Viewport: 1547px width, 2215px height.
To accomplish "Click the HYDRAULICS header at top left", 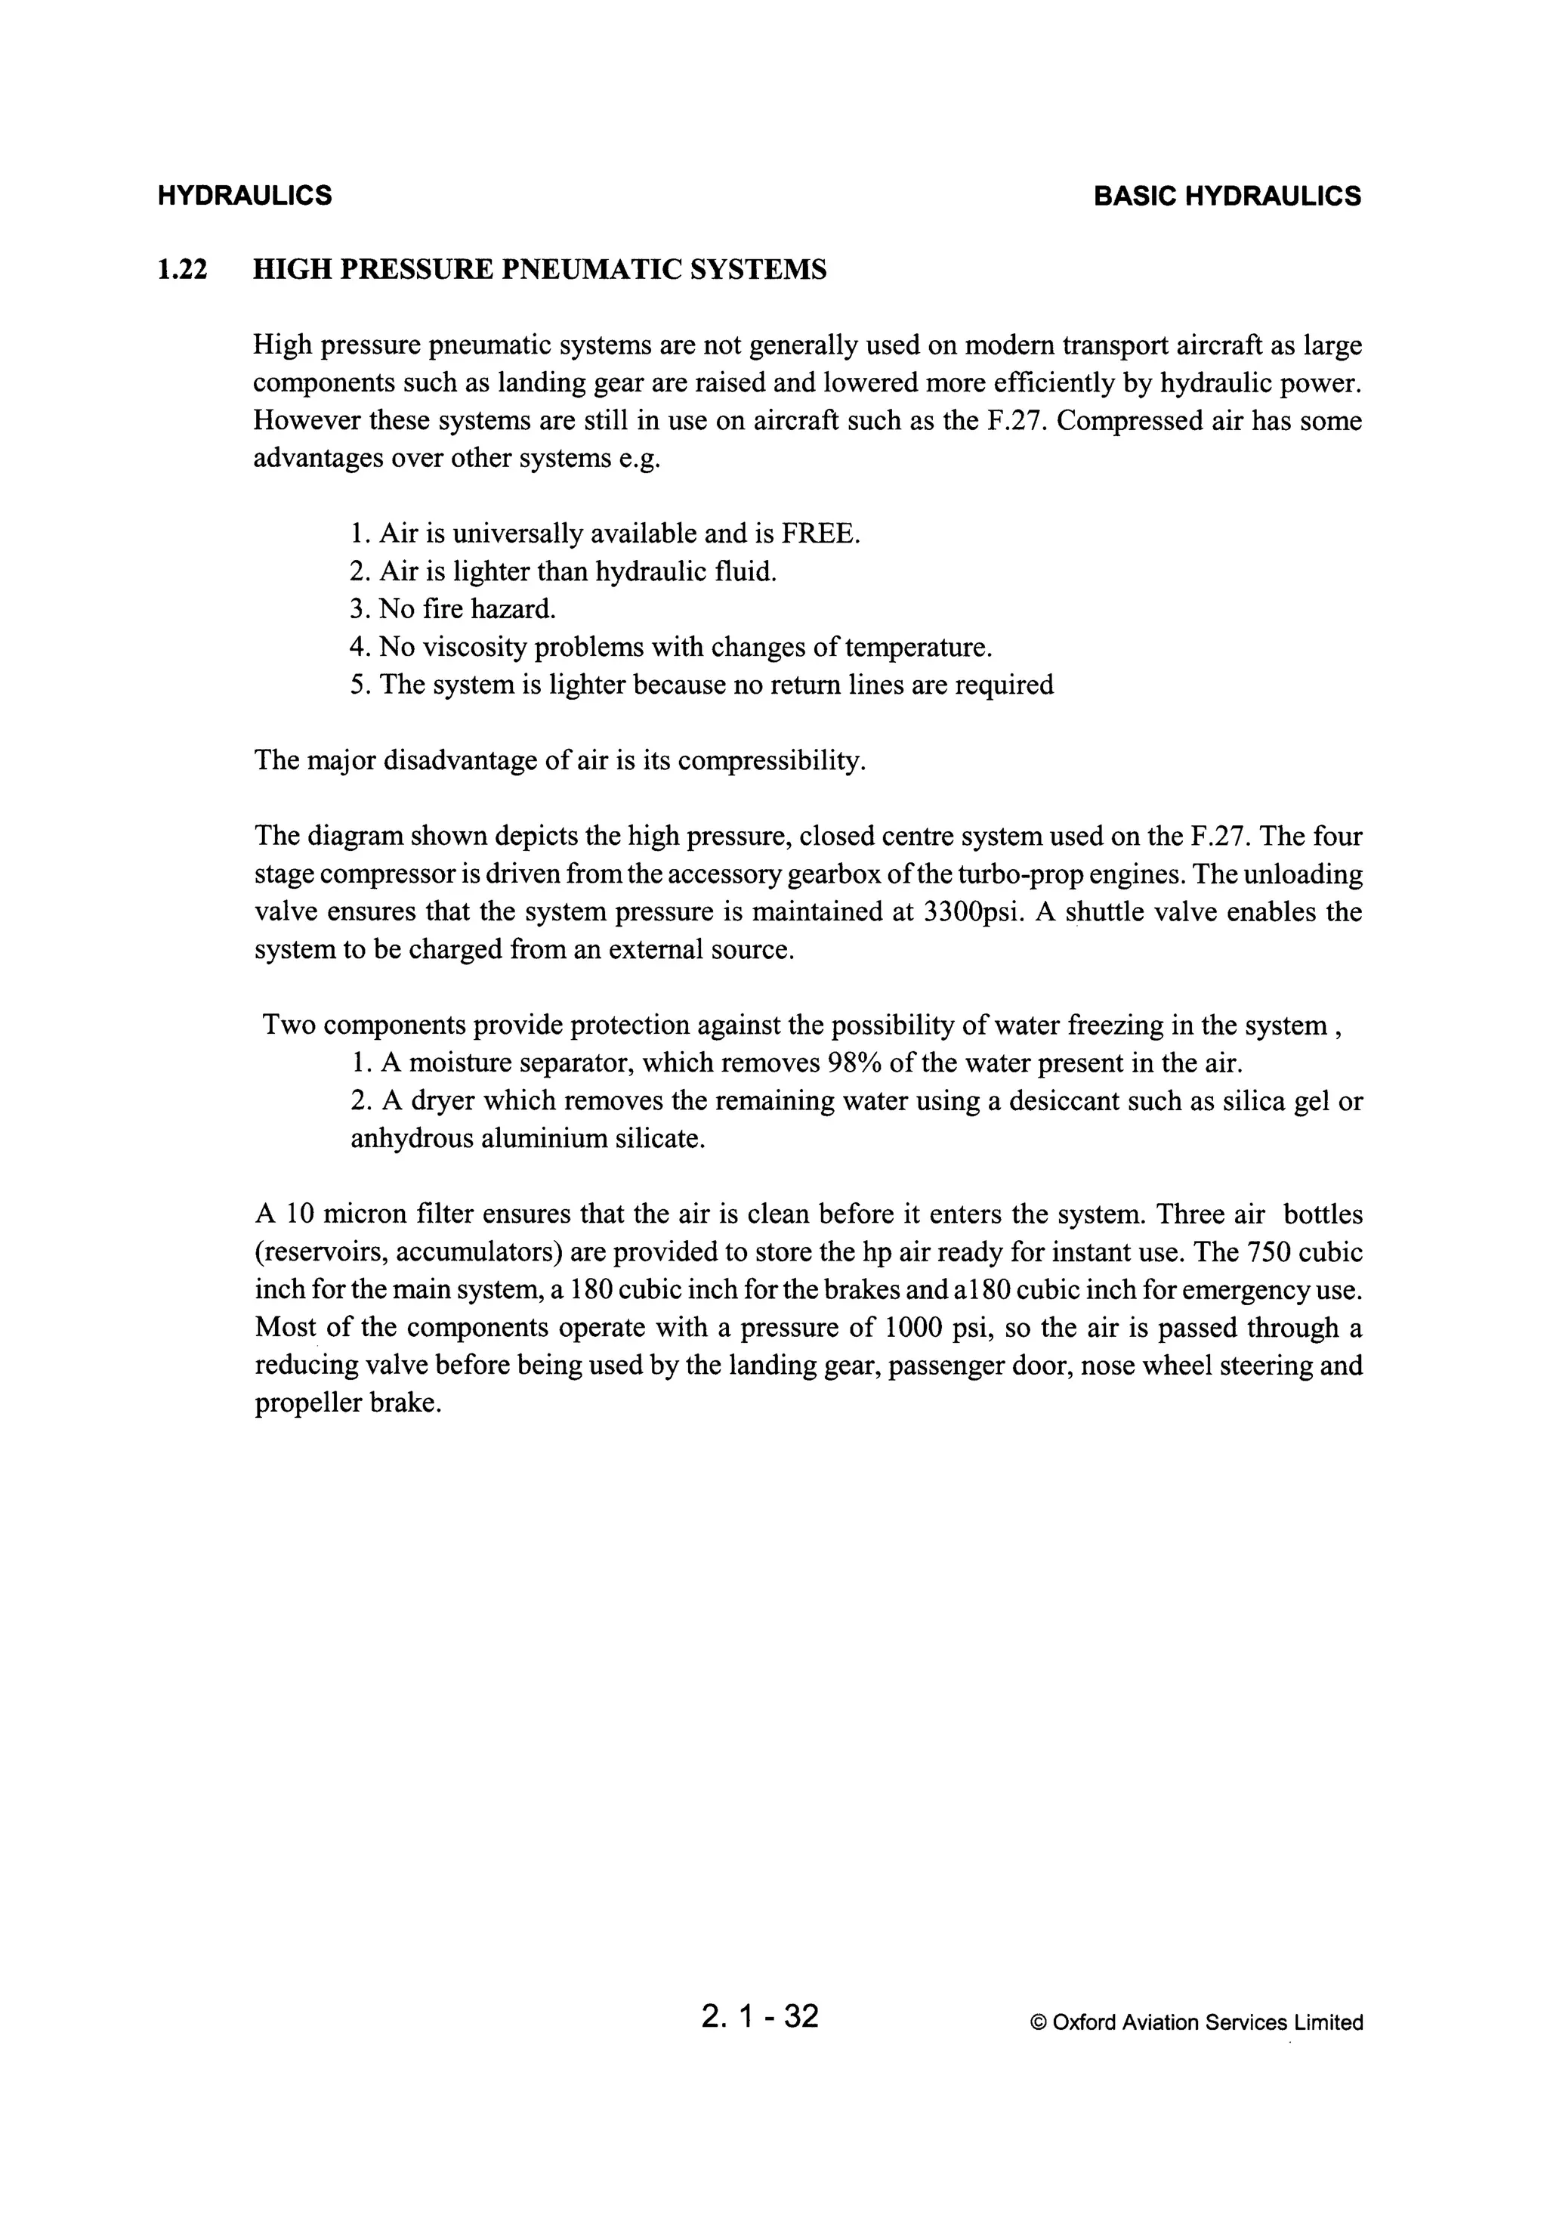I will (x=244, y=196).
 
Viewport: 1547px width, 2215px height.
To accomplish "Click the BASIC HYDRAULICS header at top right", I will (x=1227, y=196).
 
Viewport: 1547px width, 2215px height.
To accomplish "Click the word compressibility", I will (x=770, y=761).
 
